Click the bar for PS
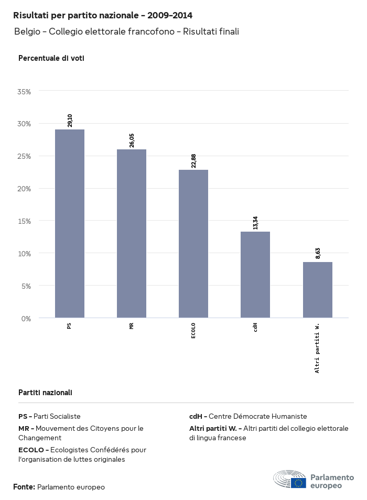point(70,224)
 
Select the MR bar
point(132,234)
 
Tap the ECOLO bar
point(193,244)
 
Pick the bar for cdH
point(255,275)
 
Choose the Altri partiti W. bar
point(318,290)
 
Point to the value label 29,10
point(70,120)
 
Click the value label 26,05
point(132,140)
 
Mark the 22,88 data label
point(193,160)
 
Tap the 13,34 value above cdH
point(255,222)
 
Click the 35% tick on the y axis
point(25,91)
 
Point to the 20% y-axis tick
point(25,189)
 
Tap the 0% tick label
point(26,318)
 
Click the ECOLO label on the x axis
point(193,331)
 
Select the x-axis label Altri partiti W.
point(318,348)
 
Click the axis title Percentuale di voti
point(51,58)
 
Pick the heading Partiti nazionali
point(45,392)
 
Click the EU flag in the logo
point(299,482)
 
